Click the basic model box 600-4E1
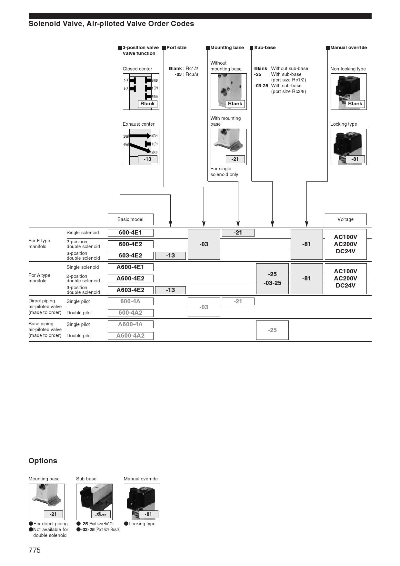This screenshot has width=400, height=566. click(130, 233)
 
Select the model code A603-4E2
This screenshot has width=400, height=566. click(130, 290)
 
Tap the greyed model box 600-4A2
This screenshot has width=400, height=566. click(130, 313)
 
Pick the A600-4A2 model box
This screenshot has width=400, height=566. click(130, 336)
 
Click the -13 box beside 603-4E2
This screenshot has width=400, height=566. click(170, 256)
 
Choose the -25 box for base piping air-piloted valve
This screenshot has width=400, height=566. click(272, 330)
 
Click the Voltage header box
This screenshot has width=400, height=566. click(345, 219)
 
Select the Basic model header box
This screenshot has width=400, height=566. click(130, 219)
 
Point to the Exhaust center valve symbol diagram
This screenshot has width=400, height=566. click(141, 147)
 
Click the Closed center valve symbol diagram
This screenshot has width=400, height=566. click(141, 91)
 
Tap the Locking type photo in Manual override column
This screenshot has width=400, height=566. click(348, 147)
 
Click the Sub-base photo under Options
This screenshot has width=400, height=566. click(94, 501)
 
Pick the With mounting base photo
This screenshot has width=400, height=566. click(228, 147)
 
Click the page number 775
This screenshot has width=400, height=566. click(35, 550)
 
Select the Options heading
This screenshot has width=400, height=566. click(43, 461)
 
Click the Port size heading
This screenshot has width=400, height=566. click(176, 47)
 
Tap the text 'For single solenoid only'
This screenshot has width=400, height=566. click(224, 172)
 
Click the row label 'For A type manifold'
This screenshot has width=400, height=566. click(39, 278)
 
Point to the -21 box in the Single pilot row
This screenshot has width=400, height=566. click(238, 301)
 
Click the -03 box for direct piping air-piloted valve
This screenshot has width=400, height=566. click(204, 307)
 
